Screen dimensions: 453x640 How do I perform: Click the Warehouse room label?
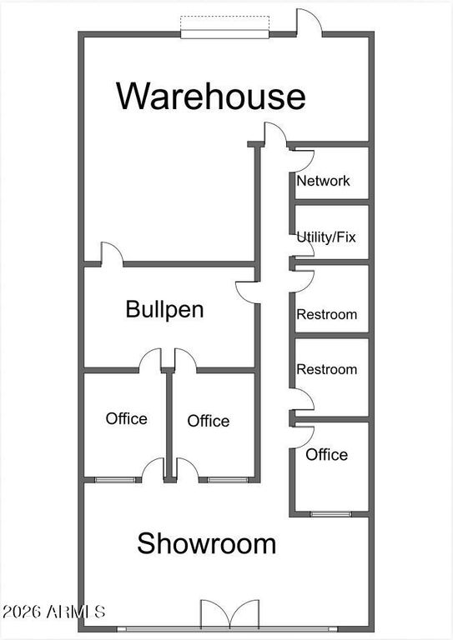(x=211, y=96)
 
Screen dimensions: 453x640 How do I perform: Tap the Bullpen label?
(x=164, y=309)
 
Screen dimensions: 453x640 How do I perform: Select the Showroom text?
(x=207, y=543)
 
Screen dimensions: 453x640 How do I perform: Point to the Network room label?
(x=323, y=181)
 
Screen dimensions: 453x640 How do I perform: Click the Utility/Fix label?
(x=326, y=237)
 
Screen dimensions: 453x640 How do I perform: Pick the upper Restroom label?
(x=327, y=314)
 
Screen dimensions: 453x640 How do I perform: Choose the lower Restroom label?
(x=327, y=369)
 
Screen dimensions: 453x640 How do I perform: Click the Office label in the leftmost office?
(x=126, y=418)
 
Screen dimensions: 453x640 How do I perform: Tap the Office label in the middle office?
(x=209, y=421)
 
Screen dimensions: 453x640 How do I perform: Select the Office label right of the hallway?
(x=327, y=455)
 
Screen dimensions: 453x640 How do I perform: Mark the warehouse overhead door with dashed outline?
(x=225, y=27)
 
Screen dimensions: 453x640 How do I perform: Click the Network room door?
(x=302, y=160)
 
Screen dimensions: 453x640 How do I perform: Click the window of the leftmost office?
(x=115, y=480)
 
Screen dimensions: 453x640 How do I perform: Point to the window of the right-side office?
(x=331, y=514)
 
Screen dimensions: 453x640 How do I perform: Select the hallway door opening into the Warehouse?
(x=274, y=134)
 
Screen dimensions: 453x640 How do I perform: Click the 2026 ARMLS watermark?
(x=53, y=612)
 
